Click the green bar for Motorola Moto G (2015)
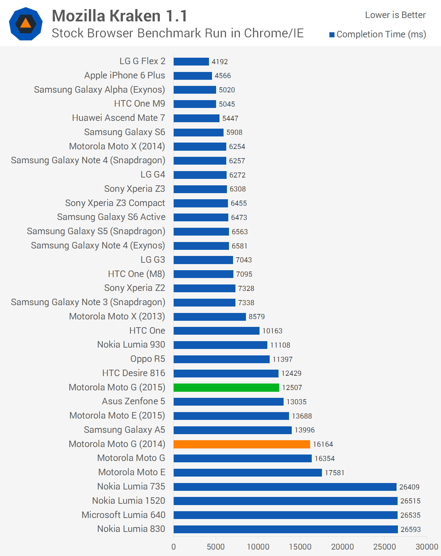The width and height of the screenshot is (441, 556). pyautogui.click(x=226, y=387)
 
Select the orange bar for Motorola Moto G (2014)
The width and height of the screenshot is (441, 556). pyautogui.click(x=242, y=444)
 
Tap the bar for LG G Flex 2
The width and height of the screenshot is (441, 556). pyautogui.click(x=191, y=61)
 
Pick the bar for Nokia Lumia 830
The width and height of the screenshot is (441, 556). pyautogui.click(x=285, y=529)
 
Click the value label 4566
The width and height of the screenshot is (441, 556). pyautogui.click(x=223, y=76)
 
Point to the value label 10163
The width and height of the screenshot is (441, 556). pyautogui.click(x=272, y=331)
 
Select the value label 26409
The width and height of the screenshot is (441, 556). pyautogui.click(x=409, y=487)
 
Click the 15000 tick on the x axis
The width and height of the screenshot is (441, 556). pyautogui.click(x=300, y=546)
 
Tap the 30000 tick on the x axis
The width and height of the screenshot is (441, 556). pyautogui.click(x=427, y=546)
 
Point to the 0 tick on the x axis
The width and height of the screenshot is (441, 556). pyautogui.click(x=174, y=546)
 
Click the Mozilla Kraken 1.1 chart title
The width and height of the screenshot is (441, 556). pyautogui.click(x=119, y=16)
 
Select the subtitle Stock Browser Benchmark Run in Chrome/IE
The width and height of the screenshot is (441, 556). pyautogui.click(x=177, y=33)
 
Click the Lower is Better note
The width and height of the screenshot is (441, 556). pyautogui.click(x=395, y=15)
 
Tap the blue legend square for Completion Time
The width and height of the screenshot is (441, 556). pyautogui.click(x=332, y=35)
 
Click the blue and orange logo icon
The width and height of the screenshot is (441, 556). pyautogui.click(x=26, y=24)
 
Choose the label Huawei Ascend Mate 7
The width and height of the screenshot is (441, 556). pyautogui.click(x=118, y=118)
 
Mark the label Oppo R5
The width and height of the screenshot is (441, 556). pyautogui.click(x=148, y=359)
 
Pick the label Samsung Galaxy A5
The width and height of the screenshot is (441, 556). pyautogui.click(x=124, y=430)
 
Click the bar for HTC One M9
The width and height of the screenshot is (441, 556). pyautogui.click(x=195, y=104)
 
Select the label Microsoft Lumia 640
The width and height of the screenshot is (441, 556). pyautogui.click(x=123, y=515)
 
